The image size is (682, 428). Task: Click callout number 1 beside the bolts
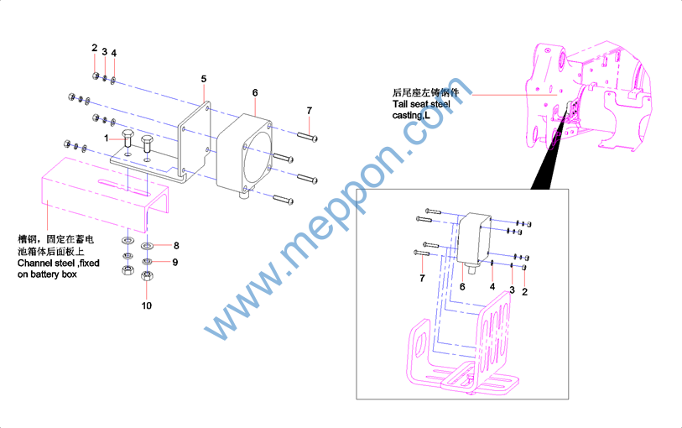pyautogui.click(x=107, y=138)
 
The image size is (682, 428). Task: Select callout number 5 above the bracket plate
pyautogui.click(x=204, y=79)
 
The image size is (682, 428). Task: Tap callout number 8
pyautogui.click(x=176, y=246)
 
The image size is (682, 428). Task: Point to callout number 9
pyautogui.click(x=174, y=263)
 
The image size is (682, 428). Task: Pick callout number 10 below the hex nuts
pyautogui.click(x=147, y=305)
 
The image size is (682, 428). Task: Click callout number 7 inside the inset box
pyautogui.click(x=422, y=279)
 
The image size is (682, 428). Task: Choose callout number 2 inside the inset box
pyautogui.click(x=524, y=292)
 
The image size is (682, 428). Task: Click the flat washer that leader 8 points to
pyautogui.click(x=148, y=246)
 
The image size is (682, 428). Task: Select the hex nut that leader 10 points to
pyautogui.click(x=147, y=276)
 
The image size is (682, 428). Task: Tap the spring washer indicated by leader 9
pyautogui.click(x=147, y=261)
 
